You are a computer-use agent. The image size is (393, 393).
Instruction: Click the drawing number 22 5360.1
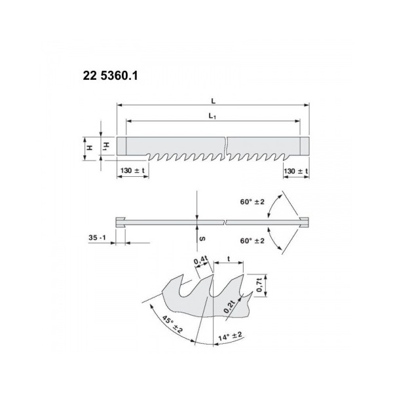point(110,76)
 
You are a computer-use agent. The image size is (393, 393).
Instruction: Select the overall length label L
point(214,102)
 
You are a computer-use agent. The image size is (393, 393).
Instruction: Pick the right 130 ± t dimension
point(295,170)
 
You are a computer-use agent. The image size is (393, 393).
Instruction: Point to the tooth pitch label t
point(229,259)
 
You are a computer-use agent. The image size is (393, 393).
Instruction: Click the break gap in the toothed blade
point(226,147)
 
